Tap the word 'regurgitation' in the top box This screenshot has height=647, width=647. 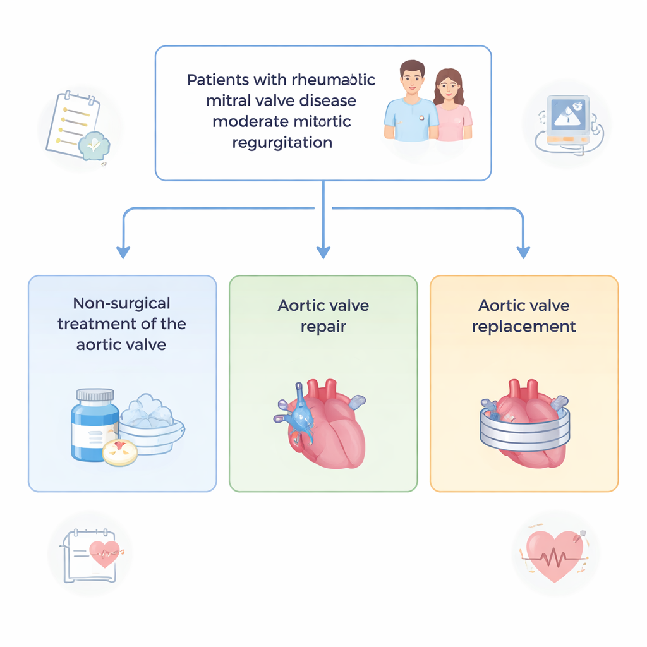[282, 142]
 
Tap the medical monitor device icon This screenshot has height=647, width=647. [567, 123]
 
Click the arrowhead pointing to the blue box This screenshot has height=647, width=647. [123, 252]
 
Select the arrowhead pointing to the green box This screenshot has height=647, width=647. [323, 252]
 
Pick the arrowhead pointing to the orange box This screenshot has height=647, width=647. [523, 252]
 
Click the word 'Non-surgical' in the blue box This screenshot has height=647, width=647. [122, 303]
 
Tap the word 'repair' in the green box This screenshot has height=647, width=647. [323, 327]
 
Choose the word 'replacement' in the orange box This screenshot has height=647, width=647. [524, 327]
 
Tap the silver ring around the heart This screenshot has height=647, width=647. [524, 430]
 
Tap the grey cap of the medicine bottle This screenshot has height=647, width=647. [95, 396]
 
